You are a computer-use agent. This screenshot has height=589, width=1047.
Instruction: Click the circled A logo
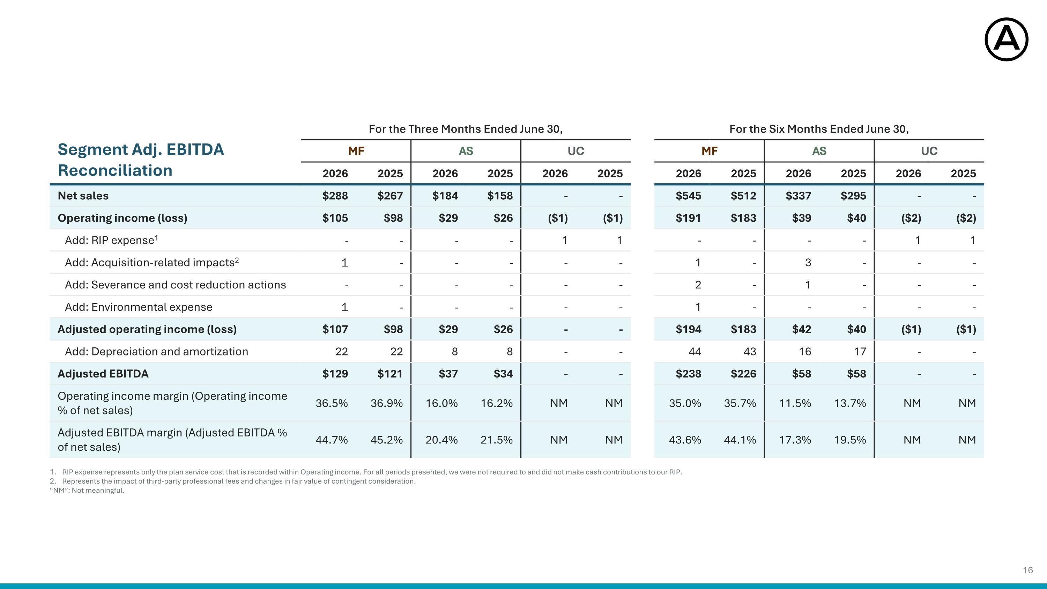(1007, 39)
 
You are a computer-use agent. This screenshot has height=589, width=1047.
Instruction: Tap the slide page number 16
(1027, 570)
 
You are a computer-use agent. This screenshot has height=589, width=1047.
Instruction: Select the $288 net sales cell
(335, 196)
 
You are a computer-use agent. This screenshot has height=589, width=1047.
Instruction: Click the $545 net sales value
(688, 196)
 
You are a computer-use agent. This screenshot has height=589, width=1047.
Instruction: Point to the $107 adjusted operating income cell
(335, 329)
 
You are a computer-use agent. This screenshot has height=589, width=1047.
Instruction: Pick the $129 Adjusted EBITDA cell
(335, 374)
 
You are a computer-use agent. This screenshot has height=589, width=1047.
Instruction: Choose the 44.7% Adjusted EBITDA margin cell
(332, 440)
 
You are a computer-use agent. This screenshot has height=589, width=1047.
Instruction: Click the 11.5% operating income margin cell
(795, 403)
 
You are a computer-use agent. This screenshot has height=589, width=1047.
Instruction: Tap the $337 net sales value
(798, 196)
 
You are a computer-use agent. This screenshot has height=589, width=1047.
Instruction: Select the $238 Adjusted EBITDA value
(688, 374)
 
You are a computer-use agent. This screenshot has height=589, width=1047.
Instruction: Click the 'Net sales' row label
(83, 196)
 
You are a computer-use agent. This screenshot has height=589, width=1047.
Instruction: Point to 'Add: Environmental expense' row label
(139, 307)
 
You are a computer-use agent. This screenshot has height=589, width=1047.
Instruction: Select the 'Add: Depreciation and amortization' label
(156, 352)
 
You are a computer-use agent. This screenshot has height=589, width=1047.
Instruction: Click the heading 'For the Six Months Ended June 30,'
(819, 129)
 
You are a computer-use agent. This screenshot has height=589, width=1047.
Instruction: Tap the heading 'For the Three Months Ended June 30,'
(466, 129)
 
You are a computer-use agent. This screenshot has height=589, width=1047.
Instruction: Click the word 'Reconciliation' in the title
(115, 170)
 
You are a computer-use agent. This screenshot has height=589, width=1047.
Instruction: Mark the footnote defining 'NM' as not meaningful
(87, 491)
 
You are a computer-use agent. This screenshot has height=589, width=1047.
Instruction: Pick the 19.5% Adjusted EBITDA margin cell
(850, 440)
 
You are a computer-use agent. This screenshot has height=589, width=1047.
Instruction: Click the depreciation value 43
(750, 352)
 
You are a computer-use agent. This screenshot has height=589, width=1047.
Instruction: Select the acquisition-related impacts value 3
(808, 263)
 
